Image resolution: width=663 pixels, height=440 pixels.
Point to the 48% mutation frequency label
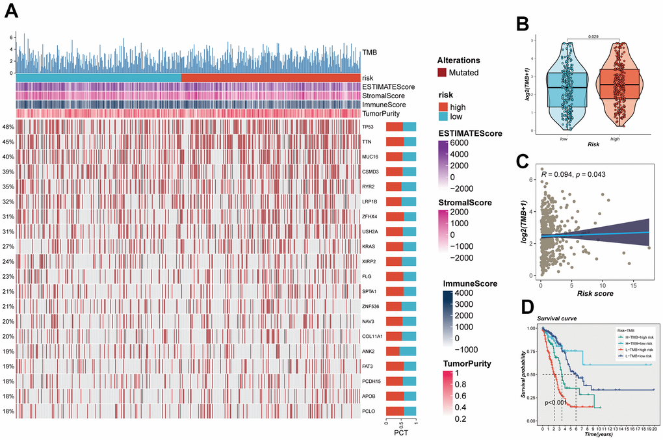pos(8,127)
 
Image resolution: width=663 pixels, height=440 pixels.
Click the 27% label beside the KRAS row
pos(8,246)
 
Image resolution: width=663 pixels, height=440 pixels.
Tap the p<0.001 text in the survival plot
pos(556,403)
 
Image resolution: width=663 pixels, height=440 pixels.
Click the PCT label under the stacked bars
pos(401,432)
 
